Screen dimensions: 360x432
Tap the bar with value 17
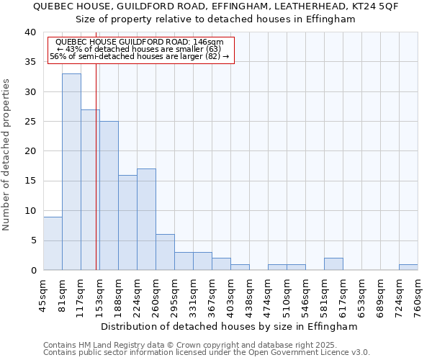point(146,219)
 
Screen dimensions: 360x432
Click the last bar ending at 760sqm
point(408,267)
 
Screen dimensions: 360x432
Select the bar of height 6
point(165,252)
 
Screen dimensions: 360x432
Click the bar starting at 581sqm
point(333,264)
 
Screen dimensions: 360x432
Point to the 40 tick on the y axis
point(30,32)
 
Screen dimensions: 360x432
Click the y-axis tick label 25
point(30,122)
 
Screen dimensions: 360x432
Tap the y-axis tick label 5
point(32,240)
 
